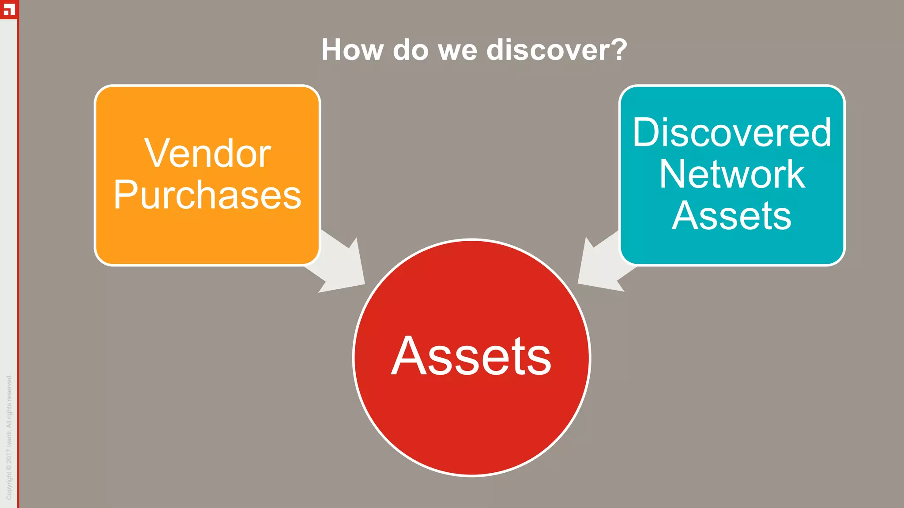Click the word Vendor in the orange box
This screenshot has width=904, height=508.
click(x=207, y=153)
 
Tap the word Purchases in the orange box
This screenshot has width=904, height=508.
click(x=207, y=195)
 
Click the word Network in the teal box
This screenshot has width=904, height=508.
click(x=732, y=174)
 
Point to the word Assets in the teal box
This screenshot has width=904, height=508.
click(x=732, y=216)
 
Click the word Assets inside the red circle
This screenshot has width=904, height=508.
click(x=471, y=356)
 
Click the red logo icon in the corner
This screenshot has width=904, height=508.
click(x=9, y=9)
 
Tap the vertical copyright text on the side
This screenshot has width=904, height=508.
click(x=9, y=437)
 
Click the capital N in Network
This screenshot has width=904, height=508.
click(x=673, y=174)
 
